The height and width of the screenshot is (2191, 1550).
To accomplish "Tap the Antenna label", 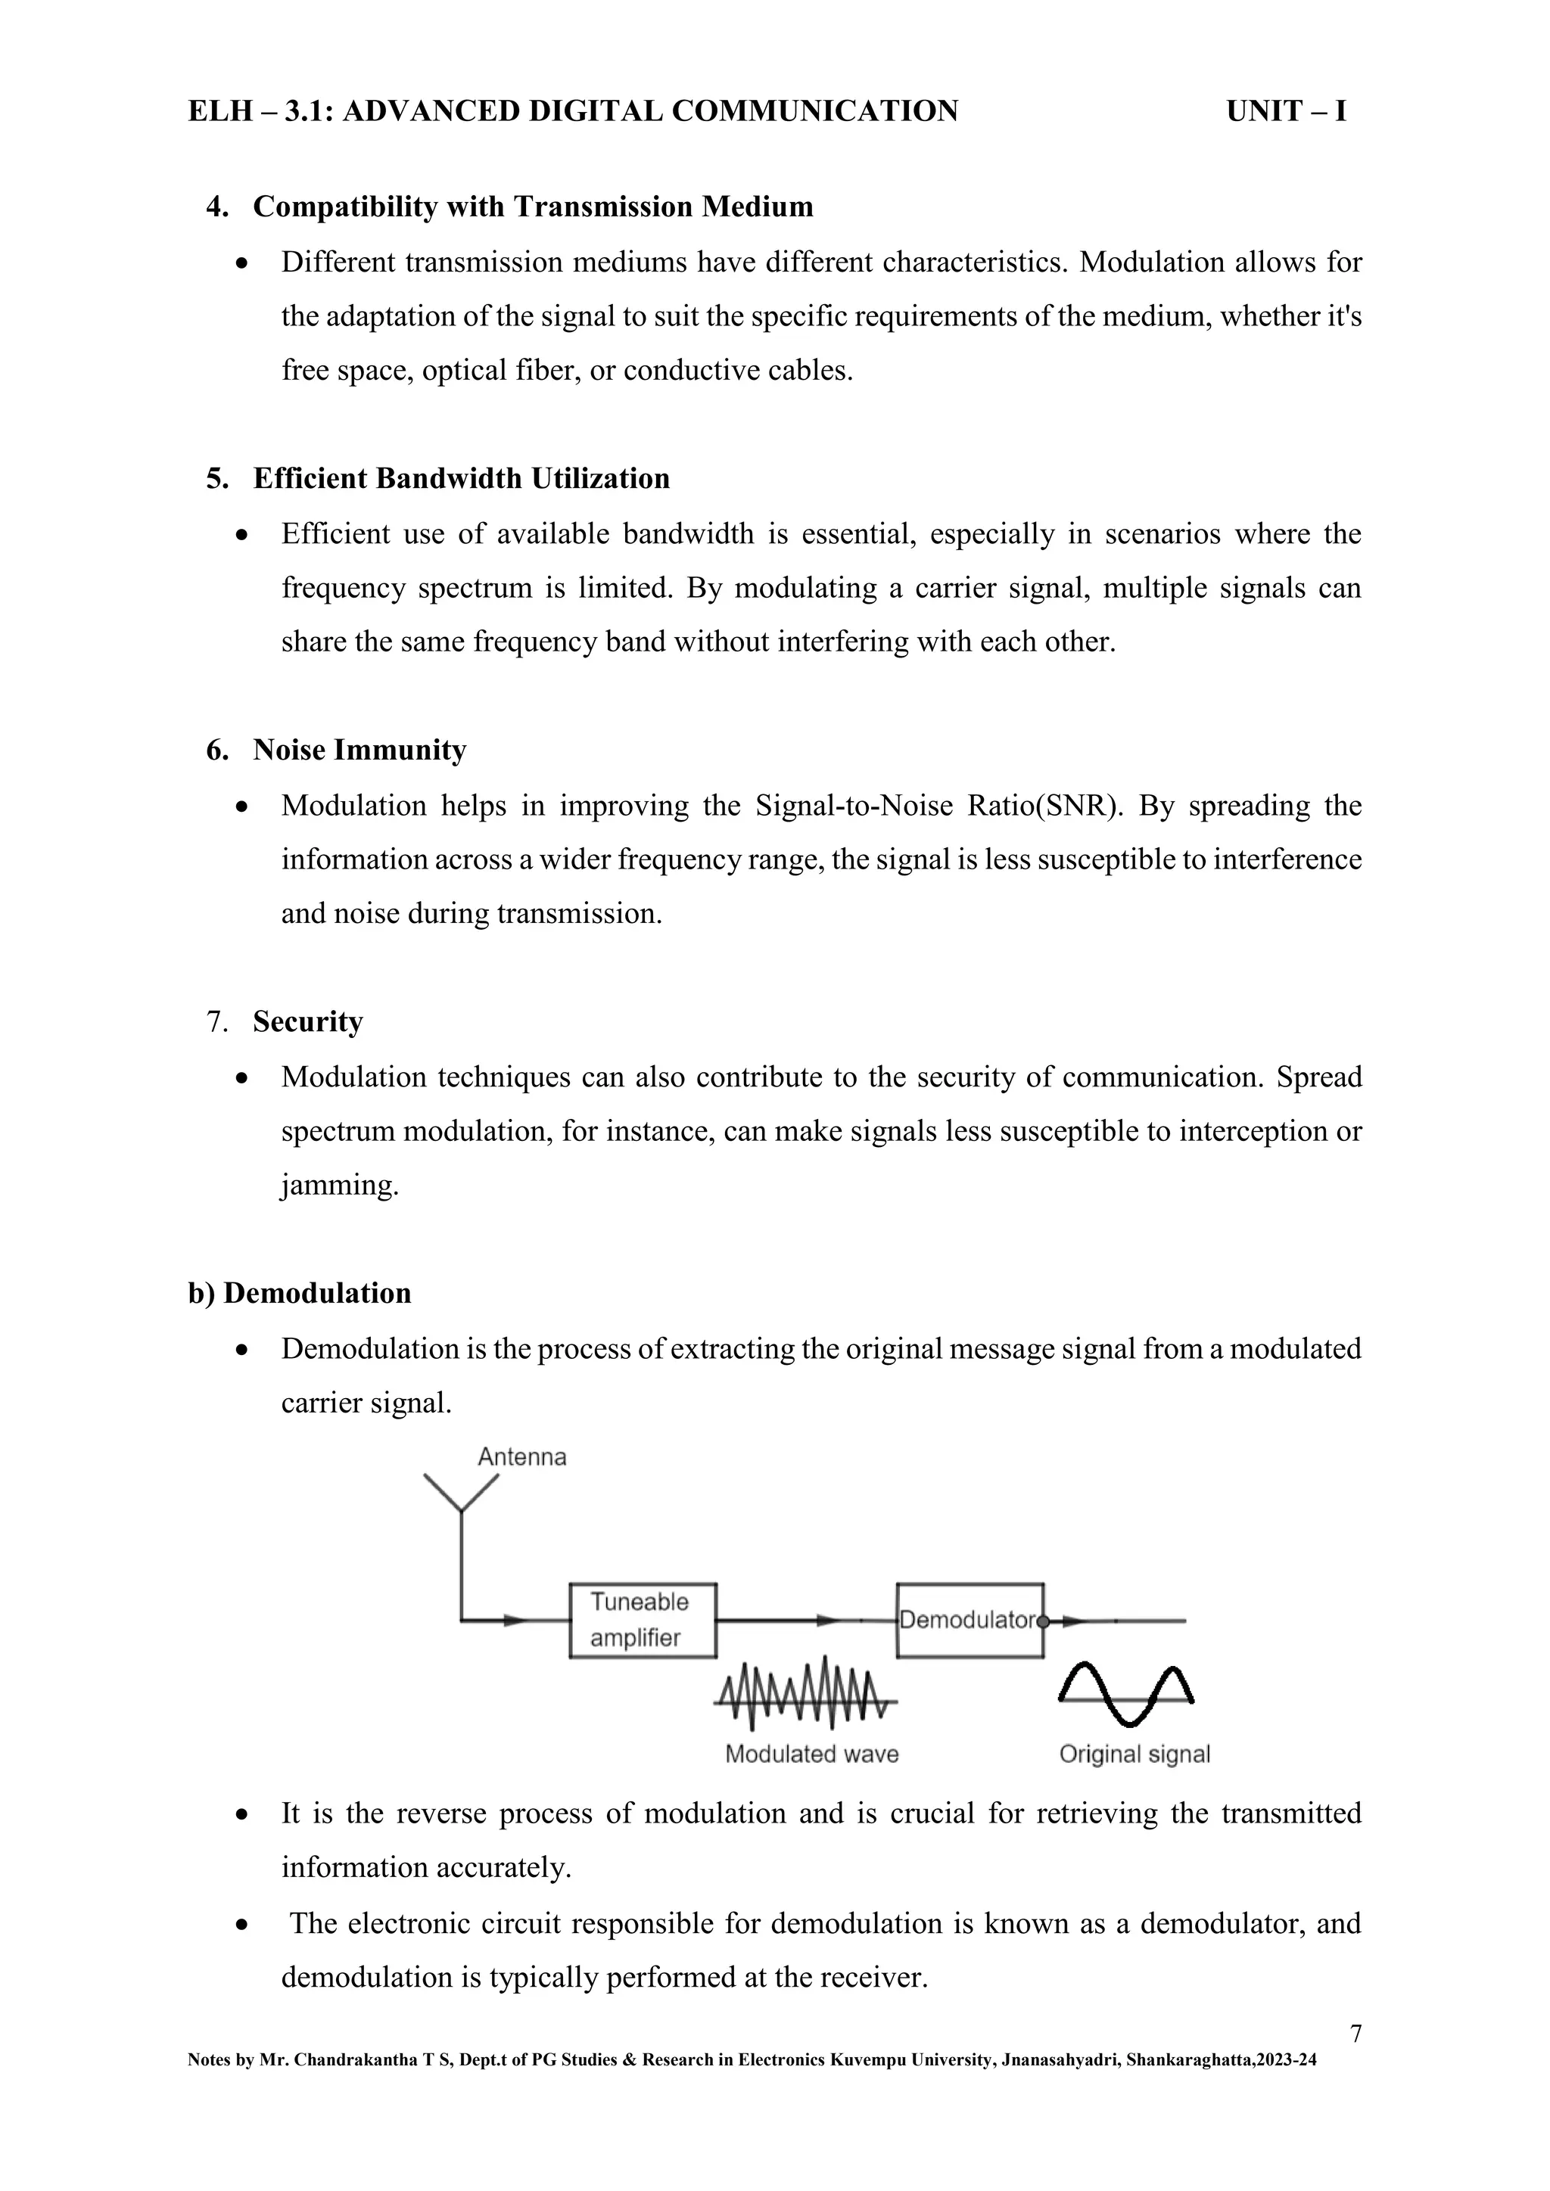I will tap(521, 1456).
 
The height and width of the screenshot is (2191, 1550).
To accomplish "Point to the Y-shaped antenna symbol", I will tap(461, 1495).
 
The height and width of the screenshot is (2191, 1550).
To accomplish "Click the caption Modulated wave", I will tap(811, 1753).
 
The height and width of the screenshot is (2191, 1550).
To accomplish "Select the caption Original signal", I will tap(1134, 1753).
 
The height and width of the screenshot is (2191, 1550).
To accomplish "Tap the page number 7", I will tap(1355, 2034).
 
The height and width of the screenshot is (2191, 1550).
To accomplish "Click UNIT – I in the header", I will tap(1286, 112).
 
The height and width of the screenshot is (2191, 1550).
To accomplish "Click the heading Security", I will tap(307, 1022).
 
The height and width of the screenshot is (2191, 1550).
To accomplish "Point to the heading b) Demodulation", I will tap(300, 1293).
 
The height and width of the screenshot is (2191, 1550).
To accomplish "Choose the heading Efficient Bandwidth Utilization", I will tap(461, 478).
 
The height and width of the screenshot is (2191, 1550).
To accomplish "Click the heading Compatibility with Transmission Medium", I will tap(533, 207).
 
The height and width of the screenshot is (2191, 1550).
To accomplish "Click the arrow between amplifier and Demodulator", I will tap(826, 1621).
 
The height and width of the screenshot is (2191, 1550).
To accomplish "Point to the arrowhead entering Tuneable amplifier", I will tap(515, 1621).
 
